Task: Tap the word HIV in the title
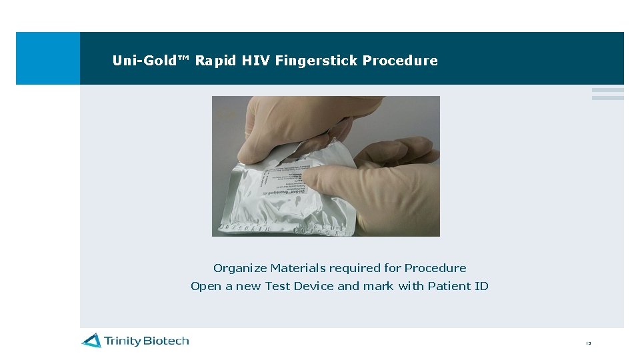(x=256, y=61)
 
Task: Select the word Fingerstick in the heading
(x=317, y=61)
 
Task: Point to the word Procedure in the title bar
(x=400, y=61)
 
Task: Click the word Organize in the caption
(x=240, y=268)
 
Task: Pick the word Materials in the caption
(x=298, y=268)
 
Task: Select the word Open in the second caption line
(x=206, y=286)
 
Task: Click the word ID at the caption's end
(x=481, y=286)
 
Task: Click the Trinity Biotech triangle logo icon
(x=91, y=341)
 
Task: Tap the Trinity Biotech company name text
(x=146, y=341)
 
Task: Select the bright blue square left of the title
(x=47, y=58)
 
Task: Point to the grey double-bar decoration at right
(x=607, y=94)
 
